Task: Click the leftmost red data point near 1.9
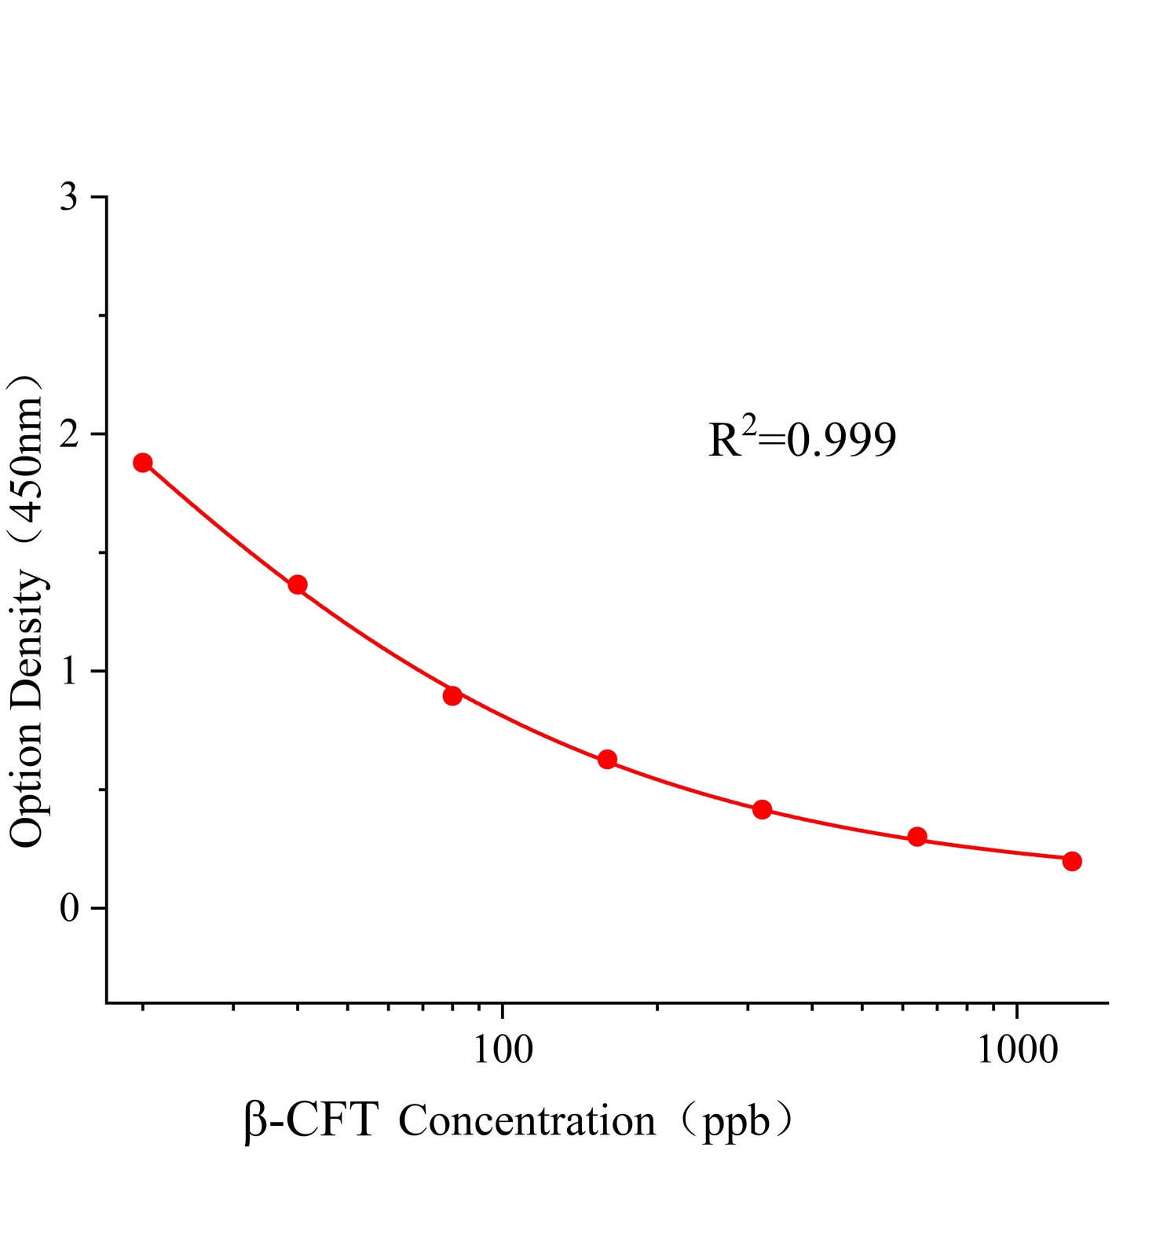pyautogui.click(x=142, y=462)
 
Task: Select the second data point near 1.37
pyautogui.click(x=298, y=585)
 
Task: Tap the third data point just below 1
pyautogui.click(x=452, y=695)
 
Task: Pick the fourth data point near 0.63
pyautogui.click(x=607, y=759)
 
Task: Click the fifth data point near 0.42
pyautogui.click(x=762, y=809)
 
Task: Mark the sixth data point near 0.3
pyautogui.click(x=917, y=837)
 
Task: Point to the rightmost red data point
pyautogui.click(x=1072, y=861)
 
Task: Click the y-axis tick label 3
pyautogui.click(x=69, y=197)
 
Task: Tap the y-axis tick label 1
pyautogui.click(x=69, y=671)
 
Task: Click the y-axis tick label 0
pyautogui.click(x=69, y=908)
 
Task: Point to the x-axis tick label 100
pyautogui.click(x=502, y=1050)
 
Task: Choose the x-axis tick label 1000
pyautogui.click(x=1017, y=1050)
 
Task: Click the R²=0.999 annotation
pyautogui.click(x=802, y=439)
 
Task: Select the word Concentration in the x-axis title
pyautogui.click(x=527, y=1121)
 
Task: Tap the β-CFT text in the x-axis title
pyautogui.click(x=311, y=1121)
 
